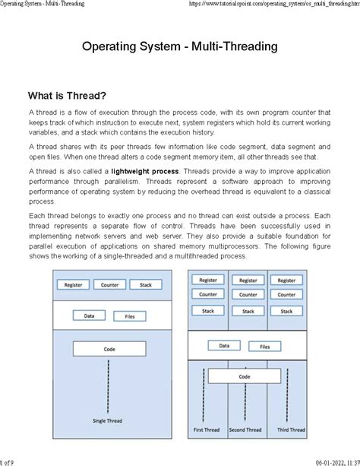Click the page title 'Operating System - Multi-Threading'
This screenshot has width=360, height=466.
click(179, 47)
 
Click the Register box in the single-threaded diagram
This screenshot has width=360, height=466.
click(74, 285)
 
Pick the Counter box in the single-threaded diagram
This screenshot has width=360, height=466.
click(109, 285)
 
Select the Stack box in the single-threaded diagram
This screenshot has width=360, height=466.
click(145, 285)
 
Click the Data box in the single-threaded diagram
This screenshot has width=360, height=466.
click(89, 315)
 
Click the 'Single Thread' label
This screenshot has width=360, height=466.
click(109, 420)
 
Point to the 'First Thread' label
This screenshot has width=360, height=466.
click(206, 430)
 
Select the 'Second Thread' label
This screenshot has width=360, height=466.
click(245, 430)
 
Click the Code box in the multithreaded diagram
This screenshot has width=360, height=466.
click(245, 376)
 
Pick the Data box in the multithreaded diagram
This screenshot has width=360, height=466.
click(225, 345)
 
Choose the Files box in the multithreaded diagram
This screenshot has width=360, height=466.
click(264, 345)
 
